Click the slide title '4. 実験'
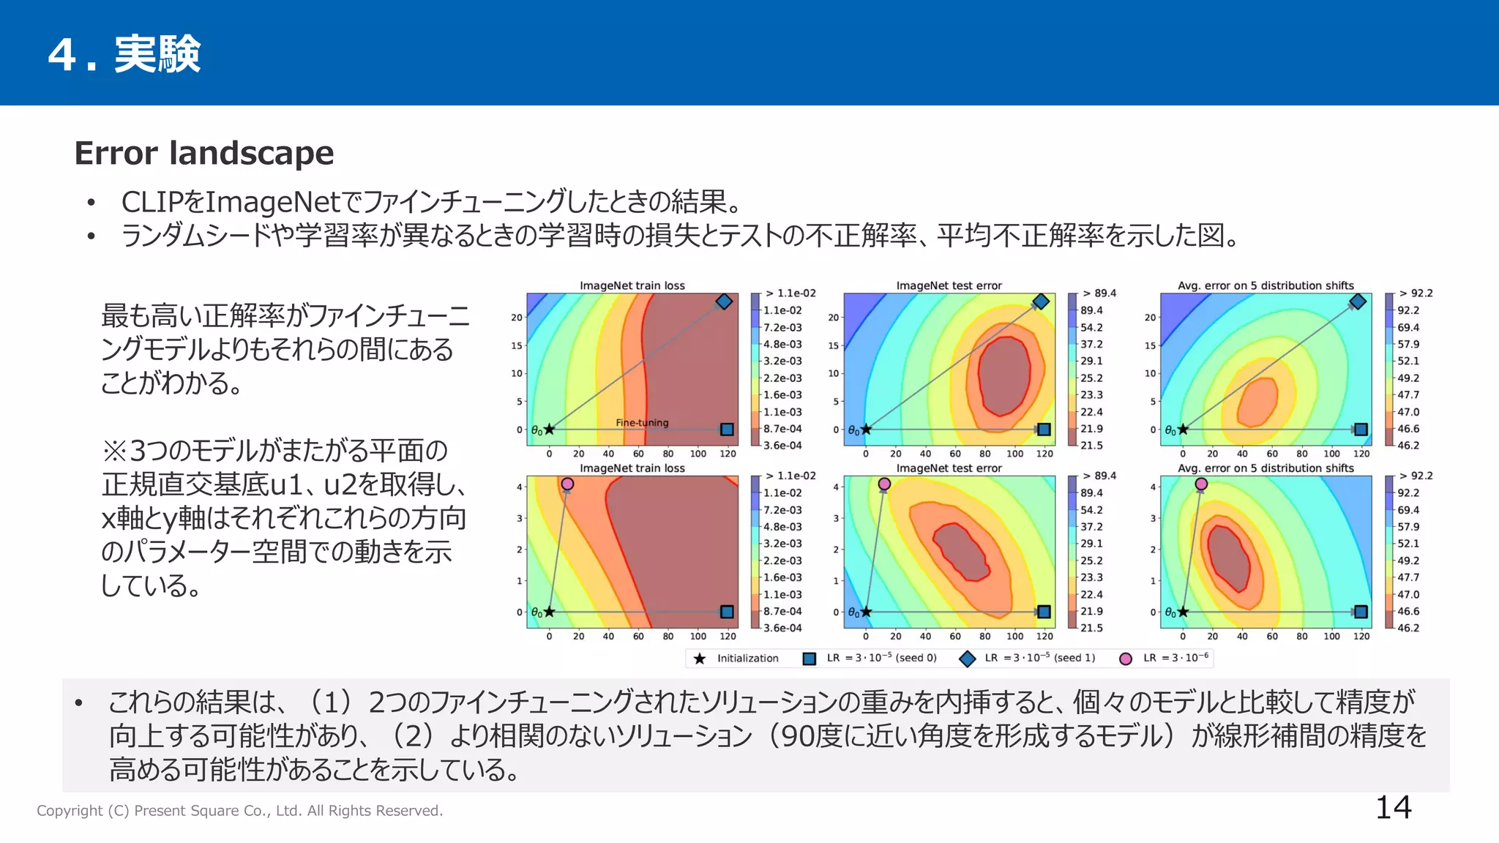pyautogui.click(x=124, y=54)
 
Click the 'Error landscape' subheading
pyautogui.click(x=204, y=153)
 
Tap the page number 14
pyautogui.click(x=1393, y=807)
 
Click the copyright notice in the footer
pyautogui.click(x=239, y=811)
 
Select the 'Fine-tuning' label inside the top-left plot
pyautogui.click(x=642, y=422)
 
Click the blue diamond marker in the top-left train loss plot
pyautogui.click(x=724, y=301)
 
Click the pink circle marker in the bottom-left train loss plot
pyautogui.click(x=567, y=484)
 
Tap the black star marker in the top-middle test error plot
pyautogui.click(x=866, y=430)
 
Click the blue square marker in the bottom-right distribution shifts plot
pyautogui.click(x=1361, y=612)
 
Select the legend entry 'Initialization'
pyautogui.click(x=747, y=658)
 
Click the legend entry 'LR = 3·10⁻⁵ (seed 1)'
pyautogui.click(x=1039, y=658)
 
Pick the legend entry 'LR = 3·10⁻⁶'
pyautogui.click(x=1175, y=658)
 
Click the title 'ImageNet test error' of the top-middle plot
pyautogui.click(x=949, y=285)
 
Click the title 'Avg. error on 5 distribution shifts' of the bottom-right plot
pyautogui.click(x=1266, y=468)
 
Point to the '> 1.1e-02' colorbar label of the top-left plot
pyautogui.click(x=790, y=293)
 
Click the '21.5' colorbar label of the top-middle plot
pyautogui.click(x=1091, y=445)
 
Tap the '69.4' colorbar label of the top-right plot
pyautogui.click(x=1408, y=327)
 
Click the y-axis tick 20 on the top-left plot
pyautogui.click(x=517, y=318)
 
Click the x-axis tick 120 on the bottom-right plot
pyautogui.click(x=1361, y=637)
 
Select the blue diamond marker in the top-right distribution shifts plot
pyautogui.click(x=1358, y=301)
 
